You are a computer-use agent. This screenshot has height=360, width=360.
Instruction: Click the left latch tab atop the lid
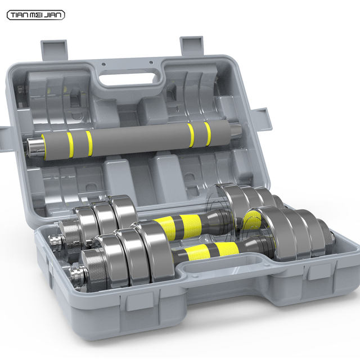tap(55, 50)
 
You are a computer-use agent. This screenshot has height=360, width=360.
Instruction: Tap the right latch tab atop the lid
tap(191, 46)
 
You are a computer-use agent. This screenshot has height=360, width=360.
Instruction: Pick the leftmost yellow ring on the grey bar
tap(70, 145)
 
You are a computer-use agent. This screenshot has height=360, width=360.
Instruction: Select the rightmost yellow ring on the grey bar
tap(208, 134)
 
